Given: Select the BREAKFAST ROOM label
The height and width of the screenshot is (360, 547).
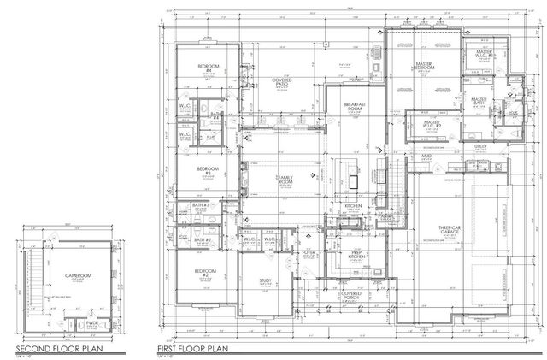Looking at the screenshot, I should click(355, 107).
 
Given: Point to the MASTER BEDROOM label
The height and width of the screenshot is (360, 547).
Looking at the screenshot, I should click(421, 68).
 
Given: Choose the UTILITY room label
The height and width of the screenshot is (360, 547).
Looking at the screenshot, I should click(481, 149).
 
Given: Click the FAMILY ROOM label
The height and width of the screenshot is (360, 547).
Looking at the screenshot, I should click(284, 180).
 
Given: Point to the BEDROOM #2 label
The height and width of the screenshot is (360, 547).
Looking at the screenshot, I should click(204, 274).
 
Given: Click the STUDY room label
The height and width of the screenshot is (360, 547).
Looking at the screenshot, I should click(265, 280).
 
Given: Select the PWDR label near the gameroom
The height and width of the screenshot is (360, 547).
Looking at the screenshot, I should click(92, 323).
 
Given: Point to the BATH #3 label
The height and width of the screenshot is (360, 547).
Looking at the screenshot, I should click(203, 206).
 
